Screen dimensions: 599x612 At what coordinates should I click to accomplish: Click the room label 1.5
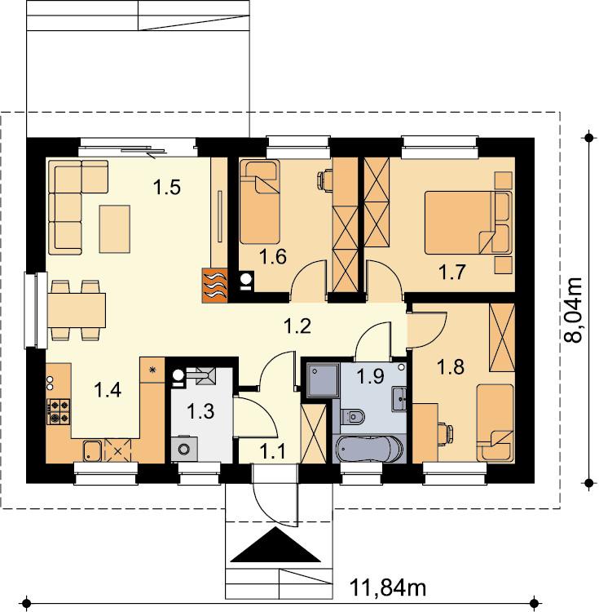click(x=167, y=187)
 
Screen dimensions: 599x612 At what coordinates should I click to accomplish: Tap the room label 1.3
click(x=200, y=411)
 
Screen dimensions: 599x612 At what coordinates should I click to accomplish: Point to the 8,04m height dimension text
click(x=573, y=310)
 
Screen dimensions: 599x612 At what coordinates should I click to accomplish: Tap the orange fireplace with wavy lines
click(x=214, y=286)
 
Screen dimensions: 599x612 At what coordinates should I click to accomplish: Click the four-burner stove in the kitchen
click(x=59, y=412)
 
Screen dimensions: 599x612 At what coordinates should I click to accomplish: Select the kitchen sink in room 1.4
click(x=92, y=450)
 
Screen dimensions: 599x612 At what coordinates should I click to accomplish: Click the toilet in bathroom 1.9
click(x=352, y=417)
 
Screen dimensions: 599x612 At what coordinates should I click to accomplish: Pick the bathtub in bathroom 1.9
click(x=368, y=449)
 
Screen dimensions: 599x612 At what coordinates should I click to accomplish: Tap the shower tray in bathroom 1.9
click(x=324, y=379)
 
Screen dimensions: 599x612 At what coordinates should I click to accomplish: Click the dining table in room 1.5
click(x=77, y=311)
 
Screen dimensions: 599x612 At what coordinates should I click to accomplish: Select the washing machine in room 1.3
click(x=184, y=450)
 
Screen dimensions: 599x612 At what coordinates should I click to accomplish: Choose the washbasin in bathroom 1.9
click(x=399, y=399)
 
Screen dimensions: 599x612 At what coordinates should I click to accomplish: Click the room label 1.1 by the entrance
click(x=273, y=451)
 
